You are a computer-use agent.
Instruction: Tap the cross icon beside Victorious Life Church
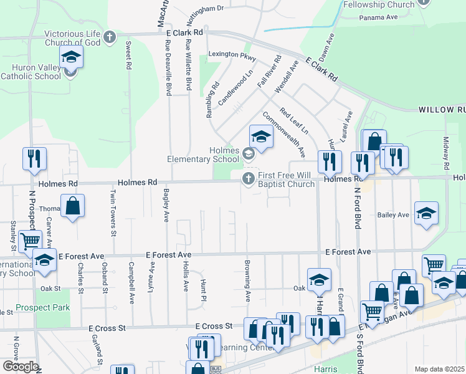click(110, 37)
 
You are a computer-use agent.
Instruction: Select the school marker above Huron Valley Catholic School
click(72, 58)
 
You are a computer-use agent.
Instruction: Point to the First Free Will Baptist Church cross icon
click(248, 180)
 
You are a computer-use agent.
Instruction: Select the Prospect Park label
click(35, 307)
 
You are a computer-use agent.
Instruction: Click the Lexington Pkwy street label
click(232, 55)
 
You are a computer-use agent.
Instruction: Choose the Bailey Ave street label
click(393, 215)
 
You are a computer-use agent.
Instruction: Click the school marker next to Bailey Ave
click(426, 213)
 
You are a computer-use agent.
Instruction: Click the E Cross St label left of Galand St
click(107, 328)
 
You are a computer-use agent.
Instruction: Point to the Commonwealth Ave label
click(283, 134)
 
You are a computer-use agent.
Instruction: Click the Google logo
click(20, 366)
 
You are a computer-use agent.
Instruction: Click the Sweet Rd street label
click(128, 55)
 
